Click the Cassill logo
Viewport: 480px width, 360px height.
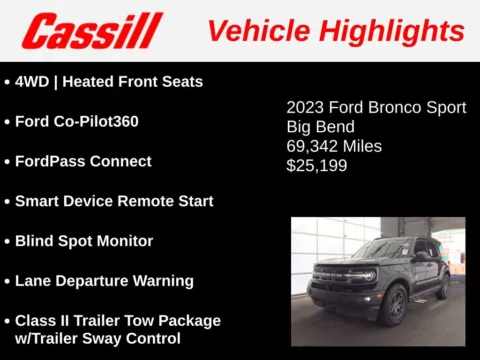click(x=92, y=31)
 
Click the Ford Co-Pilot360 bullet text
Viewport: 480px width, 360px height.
click(x=76, y=121)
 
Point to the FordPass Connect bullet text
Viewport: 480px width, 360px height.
click(x=83, y=161)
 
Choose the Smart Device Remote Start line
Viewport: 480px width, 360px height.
click(x=114, y=201)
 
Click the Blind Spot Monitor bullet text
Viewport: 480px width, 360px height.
click(x=84, y=241)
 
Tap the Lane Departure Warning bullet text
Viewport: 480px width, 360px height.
click(x=104, y=281)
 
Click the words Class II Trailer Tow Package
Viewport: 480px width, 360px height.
click(x=118, y=320)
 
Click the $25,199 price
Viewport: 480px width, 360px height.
click(x=317, y=165)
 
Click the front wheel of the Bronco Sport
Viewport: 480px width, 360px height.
click(x=393, y=304)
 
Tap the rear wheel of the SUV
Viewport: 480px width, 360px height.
click(x=443, y=286)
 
